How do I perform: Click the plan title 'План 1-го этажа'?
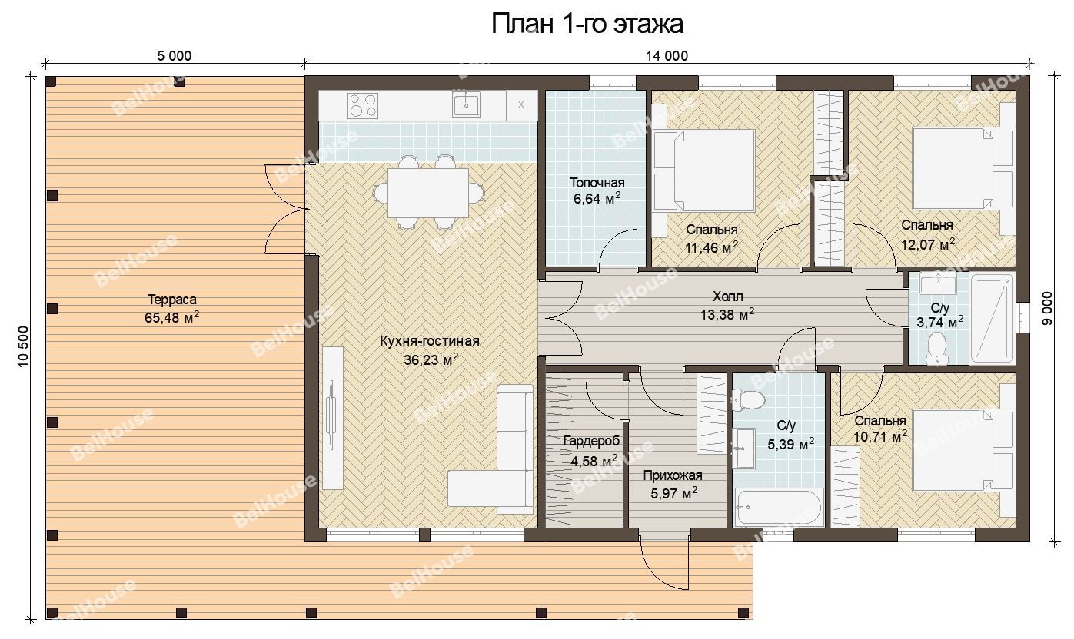tap(587, 24)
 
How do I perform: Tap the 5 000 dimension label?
tap(174, 56)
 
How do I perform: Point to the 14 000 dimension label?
tap(667, 56)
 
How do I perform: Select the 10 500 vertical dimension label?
tap(24, 346)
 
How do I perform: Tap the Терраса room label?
tap(172, 300)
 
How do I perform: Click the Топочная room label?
tap(597, 183)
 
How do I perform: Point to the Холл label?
tap(727, 296)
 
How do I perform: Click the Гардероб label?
tap(591, 441)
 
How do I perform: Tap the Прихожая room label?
tap(673, 475)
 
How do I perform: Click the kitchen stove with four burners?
tap(362, 105)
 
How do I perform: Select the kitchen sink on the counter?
tap(467, 104)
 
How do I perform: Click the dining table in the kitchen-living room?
tap(428, 193)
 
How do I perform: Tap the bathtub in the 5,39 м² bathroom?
tap(778, 507)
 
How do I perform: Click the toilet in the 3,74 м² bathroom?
tap(936, 349)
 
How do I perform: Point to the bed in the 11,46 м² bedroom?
tap(704, 171)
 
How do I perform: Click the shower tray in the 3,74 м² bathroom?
tap(993, 318)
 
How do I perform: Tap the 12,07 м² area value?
tap(928, 244)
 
